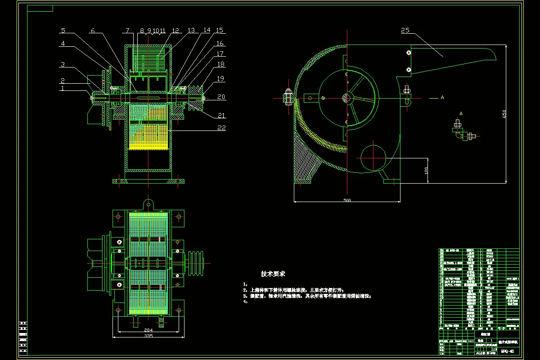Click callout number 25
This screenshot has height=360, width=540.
[x=405, y=31]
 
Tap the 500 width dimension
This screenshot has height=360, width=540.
[x=347, y=200]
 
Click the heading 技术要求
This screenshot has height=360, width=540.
[x=273, y=274]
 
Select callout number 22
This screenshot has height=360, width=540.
[x=221, y=128]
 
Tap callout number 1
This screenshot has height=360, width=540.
[x=63, y=89]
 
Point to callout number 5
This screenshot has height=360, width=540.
[x=63, y=31]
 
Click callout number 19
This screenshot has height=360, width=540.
[x=221, y=78]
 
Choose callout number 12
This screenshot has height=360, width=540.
[x=175, y=31]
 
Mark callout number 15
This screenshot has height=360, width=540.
[x=220, y=31]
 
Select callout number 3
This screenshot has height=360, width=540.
[x=63, y=65]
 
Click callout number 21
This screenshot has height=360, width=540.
[x=221, y=116]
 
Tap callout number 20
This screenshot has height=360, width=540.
[x=221, y=97]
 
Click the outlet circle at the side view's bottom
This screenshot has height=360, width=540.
[x=373, y=157]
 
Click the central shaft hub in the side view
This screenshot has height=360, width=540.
[x=347, y=97]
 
